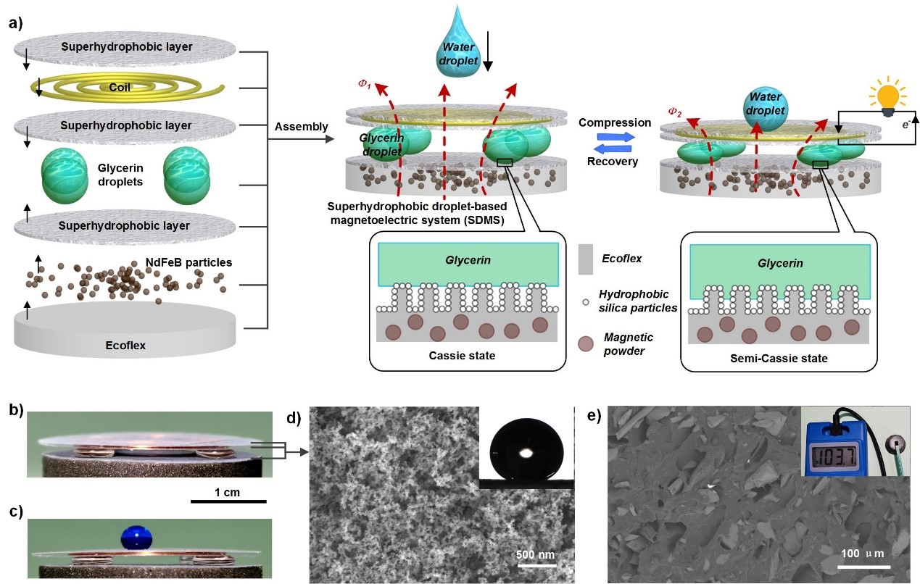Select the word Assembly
[301, 127]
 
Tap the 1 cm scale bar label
[229, 493]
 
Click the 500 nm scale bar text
[535, 555]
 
